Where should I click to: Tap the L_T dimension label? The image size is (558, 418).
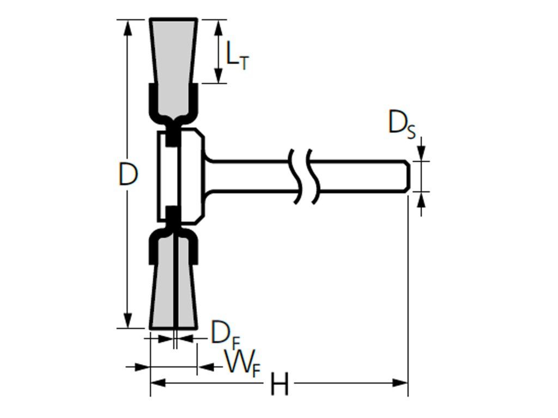click(x=236, y=56)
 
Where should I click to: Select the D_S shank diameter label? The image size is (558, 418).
click(x=402, y=123)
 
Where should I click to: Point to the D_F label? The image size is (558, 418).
click(x=223, y=333)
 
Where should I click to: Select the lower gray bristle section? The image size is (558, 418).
click(x=174, y=294)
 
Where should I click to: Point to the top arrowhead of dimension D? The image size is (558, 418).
click(x=128, y=26)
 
